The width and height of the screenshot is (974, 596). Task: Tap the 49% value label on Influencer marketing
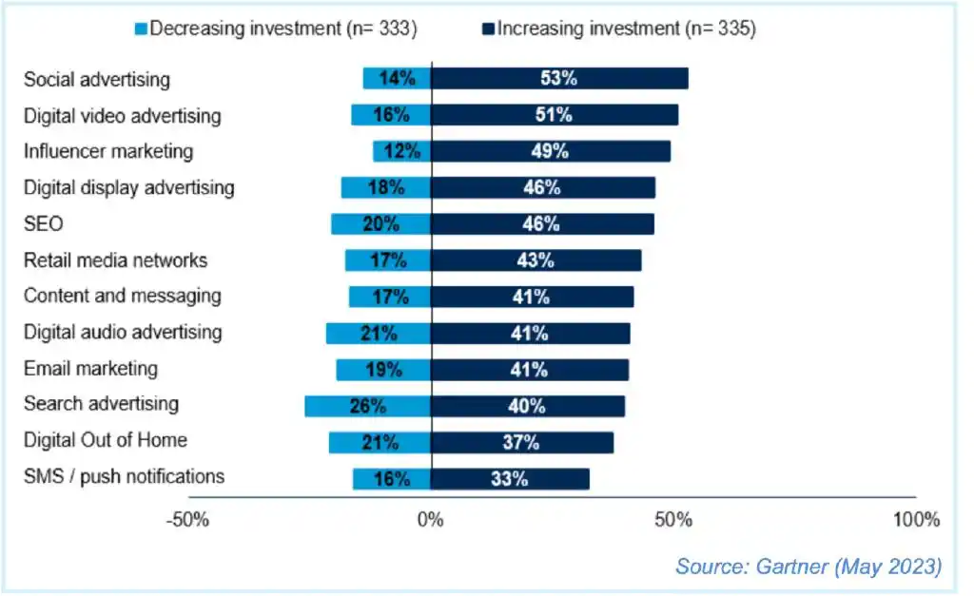point(550,151)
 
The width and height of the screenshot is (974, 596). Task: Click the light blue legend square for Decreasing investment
point(140,29)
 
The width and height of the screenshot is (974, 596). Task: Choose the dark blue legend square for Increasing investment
point(488,29)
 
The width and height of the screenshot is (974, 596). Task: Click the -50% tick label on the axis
point(187,521)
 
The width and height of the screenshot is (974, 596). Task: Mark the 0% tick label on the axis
point(431,521)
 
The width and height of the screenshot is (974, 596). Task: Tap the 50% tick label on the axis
point(673,521)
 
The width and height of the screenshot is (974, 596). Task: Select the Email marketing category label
point(90,368)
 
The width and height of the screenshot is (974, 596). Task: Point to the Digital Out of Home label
point(105,440)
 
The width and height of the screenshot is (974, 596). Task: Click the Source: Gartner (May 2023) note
point(808,567)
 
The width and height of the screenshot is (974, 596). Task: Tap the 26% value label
point(367,406)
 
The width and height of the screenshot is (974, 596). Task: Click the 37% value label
point(521,442)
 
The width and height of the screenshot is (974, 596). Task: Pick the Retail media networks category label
point(115,260)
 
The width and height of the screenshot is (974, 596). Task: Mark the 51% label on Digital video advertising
point(554,115)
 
